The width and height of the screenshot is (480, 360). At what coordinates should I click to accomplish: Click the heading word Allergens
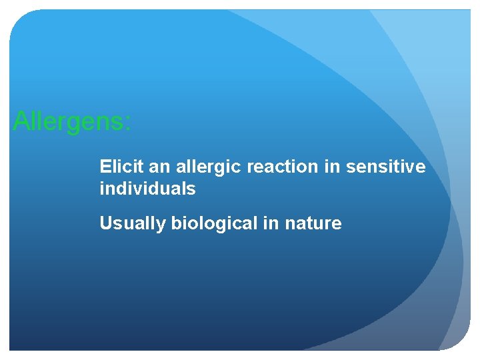70,122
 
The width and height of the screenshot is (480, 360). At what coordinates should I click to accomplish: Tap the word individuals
147,189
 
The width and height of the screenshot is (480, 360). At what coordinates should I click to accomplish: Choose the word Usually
133,224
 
